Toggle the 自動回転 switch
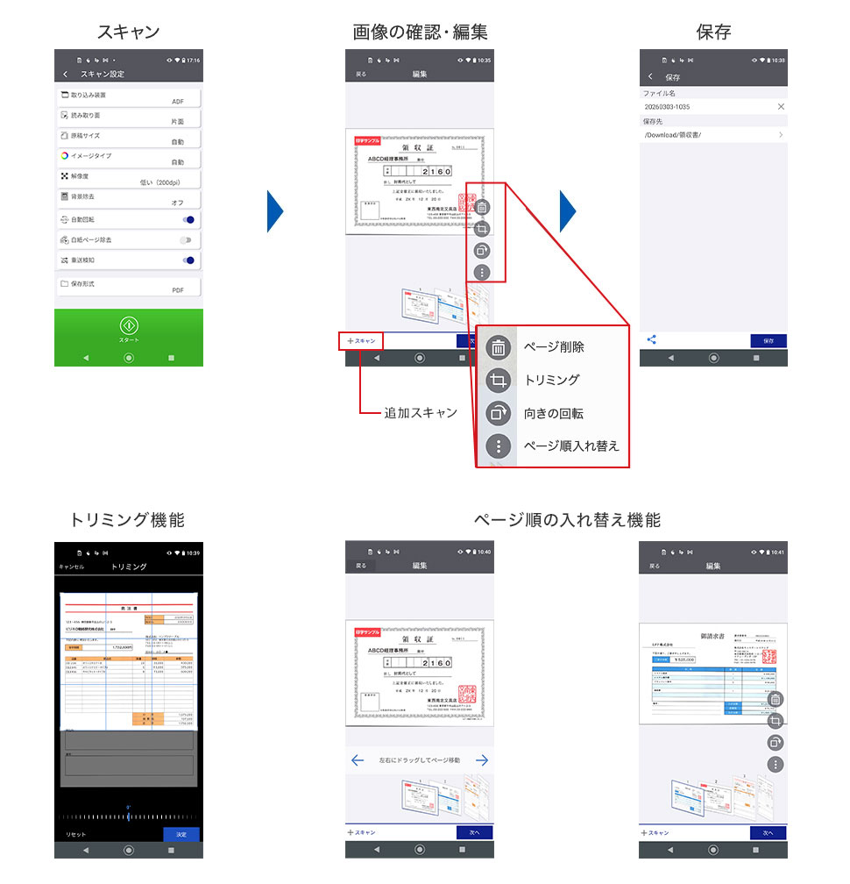click(x=187, y=219)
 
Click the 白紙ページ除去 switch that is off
click(x=186, y=239)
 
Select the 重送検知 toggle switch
click(x=187, y=260)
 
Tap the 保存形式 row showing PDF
click(x=129, y=286)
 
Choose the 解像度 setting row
click(x=129, y=179)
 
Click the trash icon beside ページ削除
click(x=498, y=347)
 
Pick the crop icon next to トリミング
click(x=498, y=381)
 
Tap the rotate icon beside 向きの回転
click(x=498, y=413)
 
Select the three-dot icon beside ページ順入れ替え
click(x=498, y=446)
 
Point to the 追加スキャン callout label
click(x=421, y=412)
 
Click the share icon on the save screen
click(x=651, y=340)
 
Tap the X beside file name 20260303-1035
click(x=781, y=106)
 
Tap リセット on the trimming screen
click(x=76, y=835)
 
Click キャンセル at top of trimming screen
click(x=72, y=567)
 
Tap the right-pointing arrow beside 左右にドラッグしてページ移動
click(x=481, y=760)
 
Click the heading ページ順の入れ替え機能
click(x=567, y=520)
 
